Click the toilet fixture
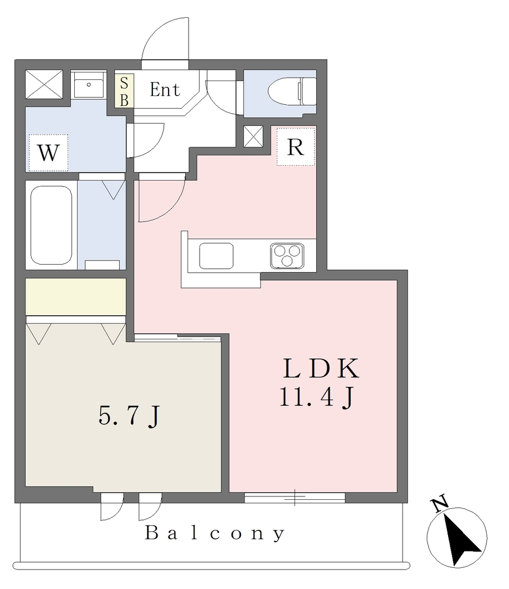292,91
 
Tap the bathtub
51,225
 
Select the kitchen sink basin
216,256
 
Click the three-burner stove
287,256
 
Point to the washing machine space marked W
48,152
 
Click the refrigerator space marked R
295,147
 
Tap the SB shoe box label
124,91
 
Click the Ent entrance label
164,89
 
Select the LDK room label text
321,369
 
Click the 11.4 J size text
316,397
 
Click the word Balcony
215,533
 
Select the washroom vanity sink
89,85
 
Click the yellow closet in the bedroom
75,297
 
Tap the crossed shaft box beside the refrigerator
253,136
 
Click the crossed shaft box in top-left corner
44,85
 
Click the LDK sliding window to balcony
295,498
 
